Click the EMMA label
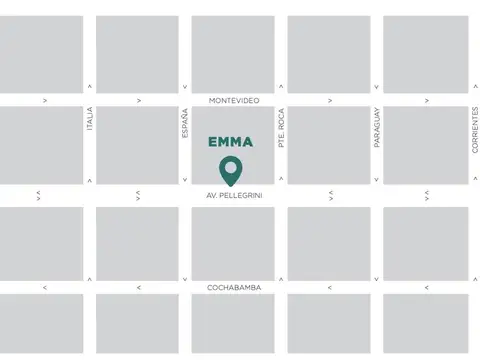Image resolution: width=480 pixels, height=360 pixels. pyautogui.click(x=231, y=142)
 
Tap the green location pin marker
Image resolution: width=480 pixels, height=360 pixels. pyautogui.click(x=231, y=171)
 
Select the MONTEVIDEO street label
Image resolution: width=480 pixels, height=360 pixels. pyautogui.click(x=234, y=100)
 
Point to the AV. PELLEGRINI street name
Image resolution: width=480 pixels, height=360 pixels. pyautogui.click(x=234, y=194)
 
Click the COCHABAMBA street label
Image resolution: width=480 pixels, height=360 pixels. pyautogui.click(x=234, y=288)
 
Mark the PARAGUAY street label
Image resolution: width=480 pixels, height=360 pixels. pyautogui.click(x=377, y=128)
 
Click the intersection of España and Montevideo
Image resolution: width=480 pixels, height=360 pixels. pyautogui.click(x=185, y=100)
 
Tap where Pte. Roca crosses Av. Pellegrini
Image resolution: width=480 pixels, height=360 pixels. pyautogui.click(x=282, y=194)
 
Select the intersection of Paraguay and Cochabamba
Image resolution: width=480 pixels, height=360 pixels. pyautogui.click(x=377, y=288)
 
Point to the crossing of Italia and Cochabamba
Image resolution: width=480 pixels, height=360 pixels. pyautogui.click(x=90, y=288)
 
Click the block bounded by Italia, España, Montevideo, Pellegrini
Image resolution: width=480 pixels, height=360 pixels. pyautogui.click(x=137, y=146)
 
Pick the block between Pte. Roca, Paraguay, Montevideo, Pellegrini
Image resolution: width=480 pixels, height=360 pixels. pyautogui.click(x=329, y=146)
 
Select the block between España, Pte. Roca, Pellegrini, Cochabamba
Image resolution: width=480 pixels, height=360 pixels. pyautogui.click(x=233, y=241)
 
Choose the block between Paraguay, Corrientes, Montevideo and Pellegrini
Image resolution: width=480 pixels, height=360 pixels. pyautogui.click(x=425, y=146)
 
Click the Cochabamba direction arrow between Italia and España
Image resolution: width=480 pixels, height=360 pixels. pyautogui.click(x=138, y=288)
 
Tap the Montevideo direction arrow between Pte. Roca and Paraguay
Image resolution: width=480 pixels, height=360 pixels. pyautogui.click(x=330, y=100)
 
